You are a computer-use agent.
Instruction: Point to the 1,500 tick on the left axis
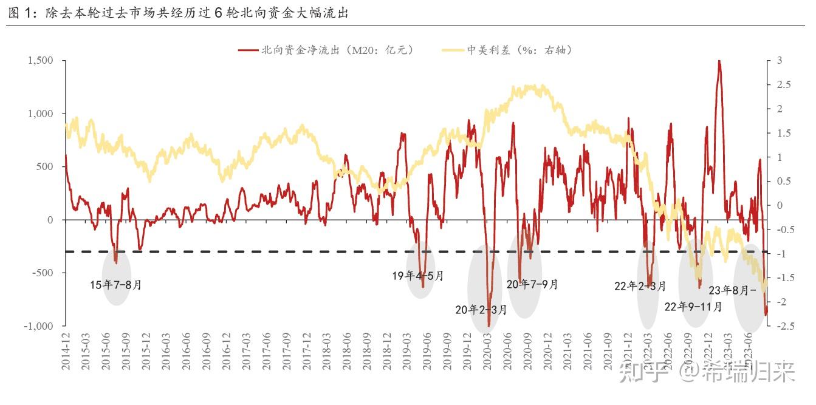[x=40, y=61]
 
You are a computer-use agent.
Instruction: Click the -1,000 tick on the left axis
[x=39, y=326]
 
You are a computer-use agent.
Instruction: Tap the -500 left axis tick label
[x=43, y=273]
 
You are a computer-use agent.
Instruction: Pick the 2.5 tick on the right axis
[x=782, y=84]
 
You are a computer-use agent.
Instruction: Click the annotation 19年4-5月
[x=417, y=276]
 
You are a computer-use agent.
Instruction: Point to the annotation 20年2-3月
[x=481, y=310]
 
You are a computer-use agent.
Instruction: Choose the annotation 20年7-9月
[x=532, y=284]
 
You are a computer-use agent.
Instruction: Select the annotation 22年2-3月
[x=640, y=286]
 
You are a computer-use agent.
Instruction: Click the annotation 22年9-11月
[x=693, y=307]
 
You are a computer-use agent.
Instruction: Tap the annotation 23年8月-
[x=733, y=290]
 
